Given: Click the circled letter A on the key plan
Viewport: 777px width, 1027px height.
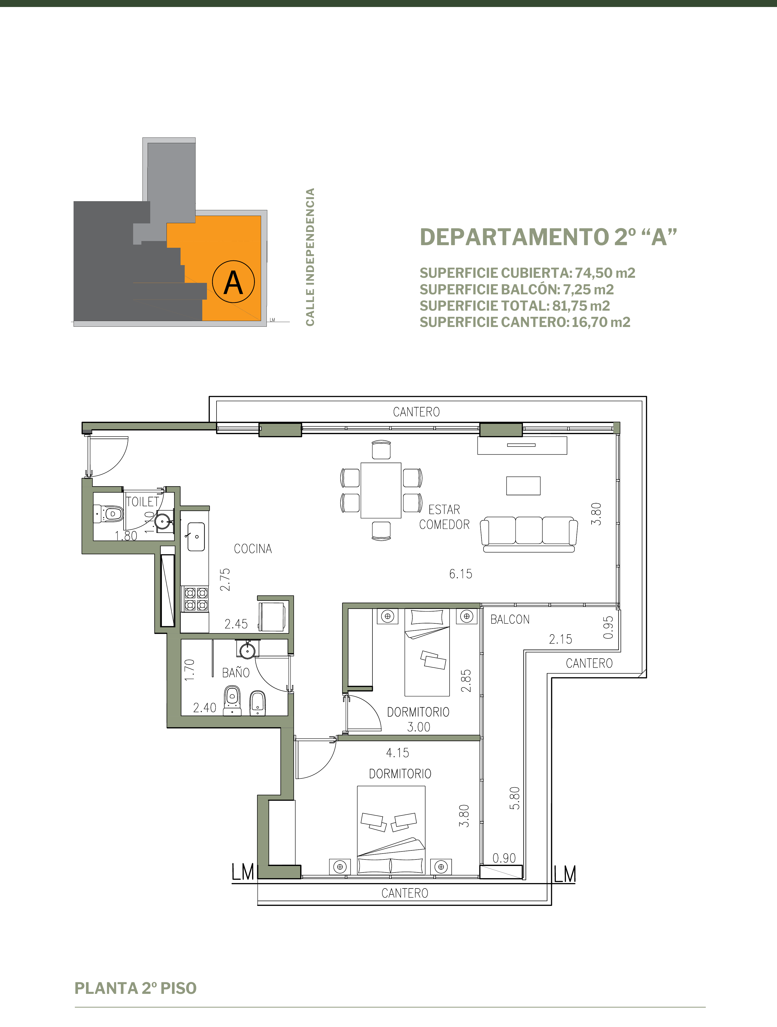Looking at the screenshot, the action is pos(233,282).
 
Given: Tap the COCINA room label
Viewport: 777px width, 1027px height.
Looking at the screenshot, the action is pos(253,549).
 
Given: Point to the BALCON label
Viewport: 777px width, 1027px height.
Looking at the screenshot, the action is pos(510,619).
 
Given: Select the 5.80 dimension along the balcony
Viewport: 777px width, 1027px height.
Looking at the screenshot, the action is pos(515,798).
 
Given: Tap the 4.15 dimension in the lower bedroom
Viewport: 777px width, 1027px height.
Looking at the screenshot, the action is pos(398,753).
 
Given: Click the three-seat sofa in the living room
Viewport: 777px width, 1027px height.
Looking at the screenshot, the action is pos(529,534).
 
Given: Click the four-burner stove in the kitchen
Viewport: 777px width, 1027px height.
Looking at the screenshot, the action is pos(196,599).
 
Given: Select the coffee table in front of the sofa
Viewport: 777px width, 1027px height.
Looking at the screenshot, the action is pos(523,486).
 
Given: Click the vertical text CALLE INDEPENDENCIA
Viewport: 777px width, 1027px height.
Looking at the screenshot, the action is pos(310,257).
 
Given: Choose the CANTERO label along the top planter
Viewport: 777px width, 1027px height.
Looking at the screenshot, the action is pos(416,412).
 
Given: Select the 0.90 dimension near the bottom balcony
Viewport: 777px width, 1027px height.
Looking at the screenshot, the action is pos(504,858).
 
